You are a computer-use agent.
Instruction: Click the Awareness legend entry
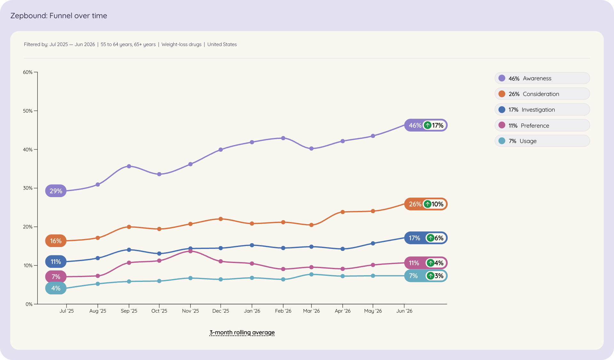point(542,78)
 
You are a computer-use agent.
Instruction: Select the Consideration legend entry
point(542,94)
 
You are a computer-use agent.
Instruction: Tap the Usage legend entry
point(542,141)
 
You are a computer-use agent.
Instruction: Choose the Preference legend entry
point(542,125)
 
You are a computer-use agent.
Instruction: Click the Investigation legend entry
point(542,109)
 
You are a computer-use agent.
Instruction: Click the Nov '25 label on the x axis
point(190,311)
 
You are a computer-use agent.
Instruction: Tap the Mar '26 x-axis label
point(311,311)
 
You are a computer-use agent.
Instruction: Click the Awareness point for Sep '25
point(129,166)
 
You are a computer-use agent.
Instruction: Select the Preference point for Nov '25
point(190,251)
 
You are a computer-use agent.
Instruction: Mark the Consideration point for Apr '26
point(342,212)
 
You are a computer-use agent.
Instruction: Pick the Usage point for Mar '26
point(311,274)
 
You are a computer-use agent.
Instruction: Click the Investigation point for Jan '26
point(252,245)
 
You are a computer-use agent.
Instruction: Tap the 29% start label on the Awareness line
point(56,191)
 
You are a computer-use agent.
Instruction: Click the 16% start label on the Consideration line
point(56,241)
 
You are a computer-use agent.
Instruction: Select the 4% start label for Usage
point(56,288)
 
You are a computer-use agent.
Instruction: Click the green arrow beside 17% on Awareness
point(428,125)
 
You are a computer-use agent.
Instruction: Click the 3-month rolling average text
point(242,332)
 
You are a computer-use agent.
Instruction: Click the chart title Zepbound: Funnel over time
point(59,16)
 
